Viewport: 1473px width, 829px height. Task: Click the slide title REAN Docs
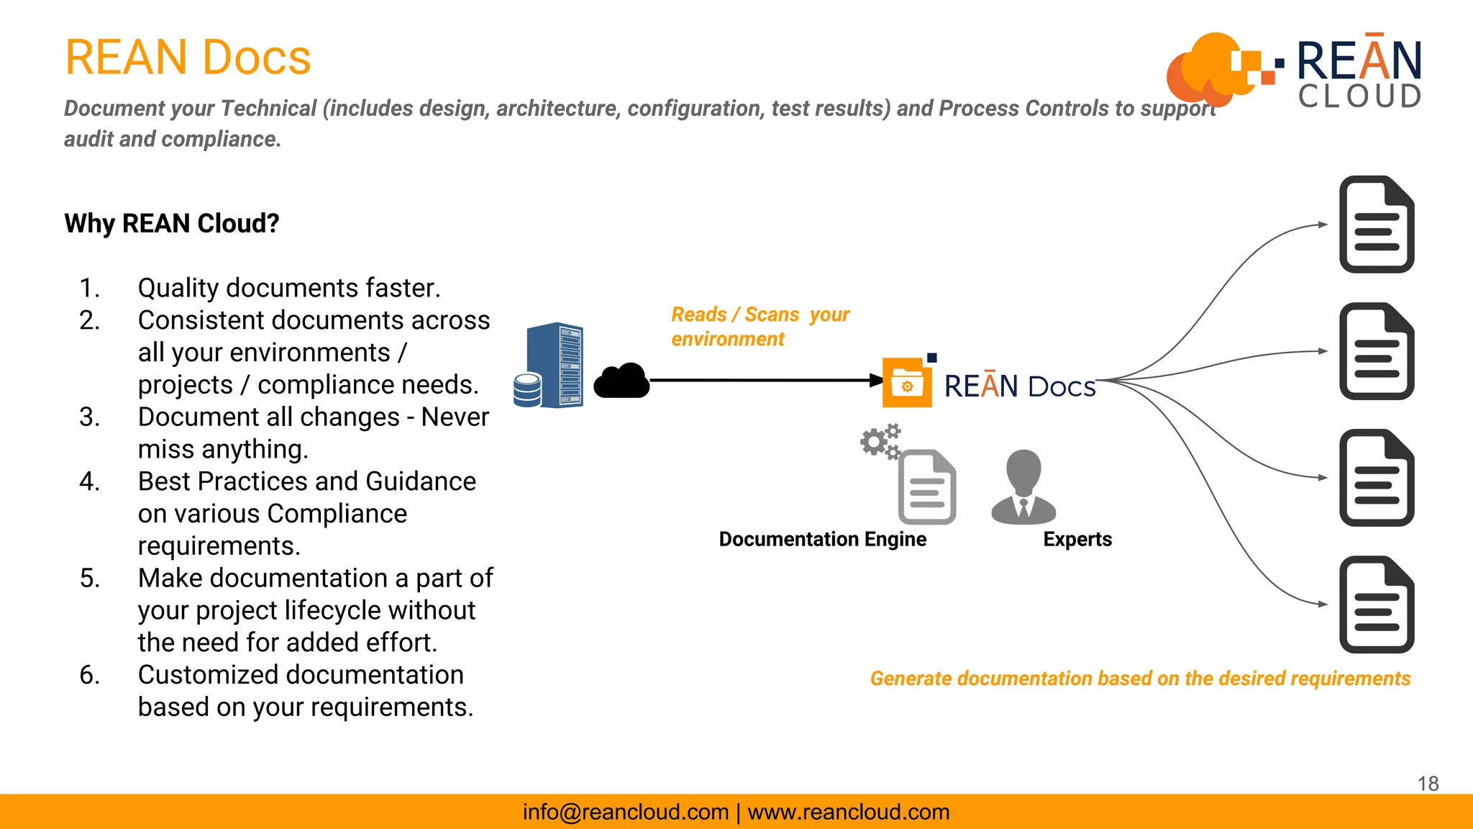[x=188, y=58]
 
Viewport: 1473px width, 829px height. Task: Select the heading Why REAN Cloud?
[x=172, y=224]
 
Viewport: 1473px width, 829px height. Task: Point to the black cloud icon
[x=621, y=381]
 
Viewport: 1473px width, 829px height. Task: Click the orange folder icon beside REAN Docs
[x=907, y=383]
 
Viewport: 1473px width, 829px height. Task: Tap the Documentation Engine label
[x=822, y=539]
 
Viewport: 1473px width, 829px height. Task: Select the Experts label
[x=1077, y=539]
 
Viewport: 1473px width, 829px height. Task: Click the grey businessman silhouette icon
[x=1023, y=487]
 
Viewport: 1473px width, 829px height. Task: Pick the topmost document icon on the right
[x=1377, y=225]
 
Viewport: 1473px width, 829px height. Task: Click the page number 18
[x=1428, y=784]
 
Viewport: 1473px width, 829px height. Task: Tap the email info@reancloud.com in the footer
[x=626, y=812]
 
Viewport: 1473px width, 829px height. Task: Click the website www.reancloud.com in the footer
[x=849, y=812]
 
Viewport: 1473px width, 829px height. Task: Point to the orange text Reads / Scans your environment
[x=760, y=327]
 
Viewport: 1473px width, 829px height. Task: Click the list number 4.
[x=89, y=481]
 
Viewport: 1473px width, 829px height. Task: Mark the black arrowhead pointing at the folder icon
[x=876, y=380]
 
